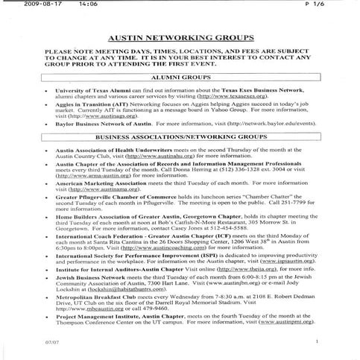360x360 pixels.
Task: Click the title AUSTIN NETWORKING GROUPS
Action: pos(180,35)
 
